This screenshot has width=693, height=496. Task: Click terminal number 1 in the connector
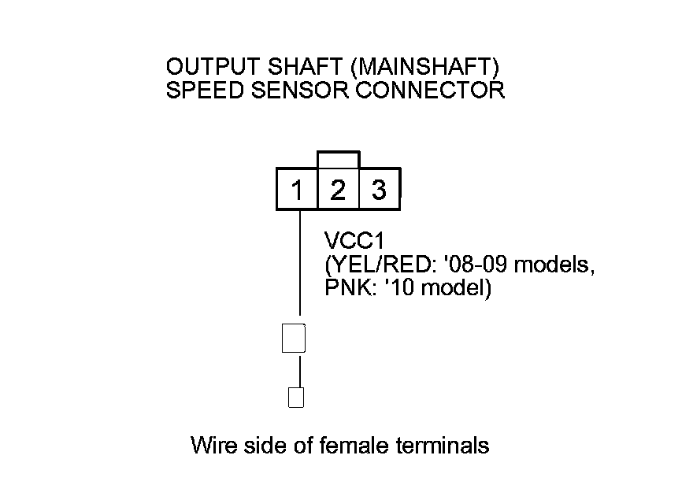(x=297, y=190)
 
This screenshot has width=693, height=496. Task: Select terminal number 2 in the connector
(x=338, y=190)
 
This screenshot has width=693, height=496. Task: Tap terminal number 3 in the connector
(x=379, y=190)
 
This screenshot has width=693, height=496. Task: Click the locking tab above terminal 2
(x=338, y=160)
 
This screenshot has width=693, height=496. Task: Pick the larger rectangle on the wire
(x=293, y=338)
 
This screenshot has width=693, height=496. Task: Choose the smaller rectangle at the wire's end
(x=296, y=398)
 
